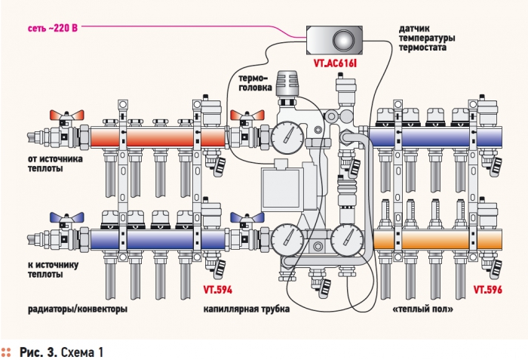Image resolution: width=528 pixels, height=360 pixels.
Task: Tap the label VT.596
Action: tap(488, 289)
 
